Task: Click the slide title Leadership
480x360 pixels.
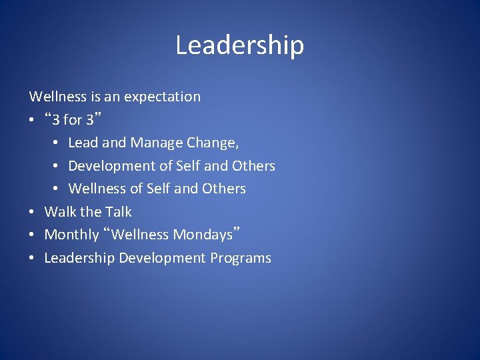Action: coord(239,45)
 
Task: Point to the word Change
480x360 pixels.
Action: coord(212,143)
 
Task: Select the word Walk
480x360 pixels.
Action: coord(60,212)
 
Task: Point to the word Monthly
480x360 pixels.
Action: coord(71,235)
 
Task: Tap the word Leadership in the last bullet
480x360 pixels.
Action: coord(79,258)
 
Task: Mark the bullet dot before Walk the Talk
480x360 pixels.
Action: coord(33,213)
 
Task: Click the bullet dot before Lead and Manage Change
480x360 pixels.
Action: coord(57,143)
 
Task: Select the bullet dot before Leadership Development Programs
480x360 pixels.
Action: coord(33,259)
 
